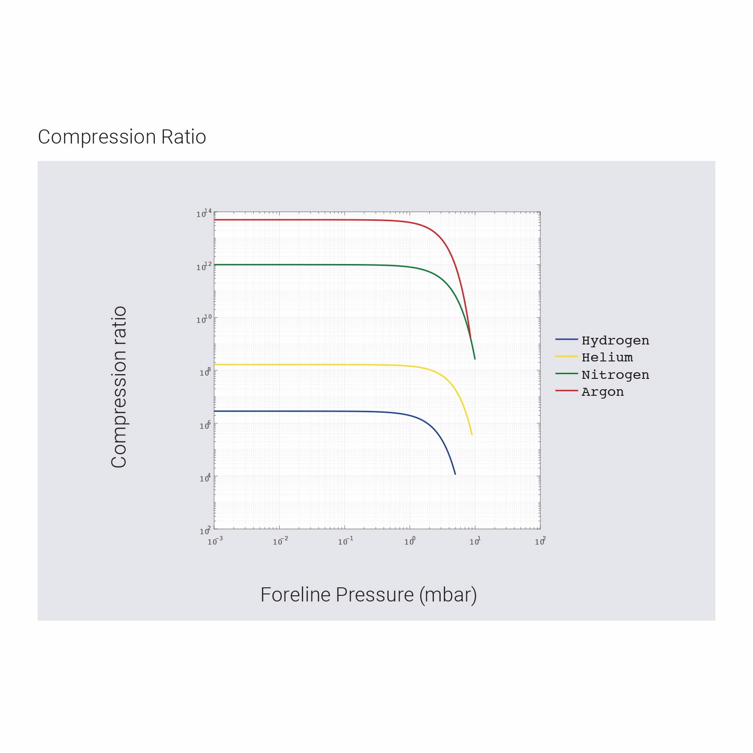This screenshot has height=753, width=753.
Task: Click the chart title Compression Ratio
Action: (122, 137)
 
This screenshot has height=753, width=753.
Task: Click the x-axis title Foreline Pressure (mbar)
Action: (368, 595)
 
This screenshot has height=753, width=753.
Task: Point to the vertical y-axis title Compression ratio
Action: (119, 387)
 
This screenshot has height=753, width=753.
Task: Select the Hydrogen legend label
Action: (615, 340)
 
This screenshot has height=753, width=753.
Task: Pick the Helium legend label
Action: (607, 358)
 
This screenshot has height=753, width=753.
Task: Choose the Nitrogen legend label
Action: (615, 375)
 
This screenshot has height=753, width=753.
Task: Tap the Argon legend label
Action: (602, 392)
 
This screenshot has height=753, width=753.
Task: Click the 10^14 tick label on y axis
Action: (204, 214)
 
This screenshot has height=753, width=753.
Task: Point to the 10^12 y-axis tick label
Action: (204, 267)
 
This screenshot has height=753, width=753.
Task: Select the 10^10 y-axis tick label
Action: (204, 320)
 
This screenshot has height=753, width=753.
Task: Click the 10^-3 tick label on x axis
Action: (215, 542)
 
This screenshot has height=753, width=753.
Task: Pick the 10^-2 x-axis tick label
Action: (280, 542)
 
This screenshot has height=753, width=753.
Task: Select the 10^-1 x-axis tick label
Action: (345, 542)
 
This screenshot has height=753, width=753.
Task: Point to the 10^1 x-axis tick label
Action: (475, 542)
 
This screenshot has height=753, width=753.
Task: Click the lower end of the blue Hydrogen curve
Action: (455, 474)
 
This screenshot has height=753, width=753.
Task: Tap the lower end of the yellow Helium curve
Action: (472, 434)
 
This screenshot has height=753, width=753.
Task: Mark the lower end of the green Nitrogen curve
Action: (475, 359)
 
